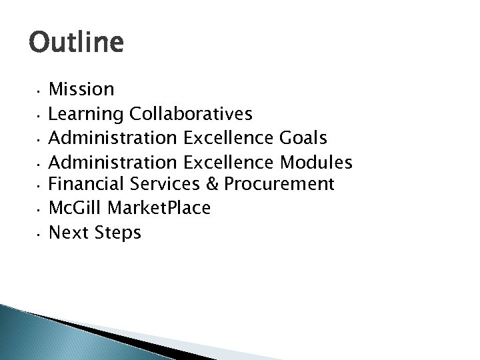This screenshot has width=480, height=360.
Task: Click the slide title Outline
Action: [76, 44]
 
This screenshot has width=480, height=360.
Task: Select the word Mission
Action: [82, 89]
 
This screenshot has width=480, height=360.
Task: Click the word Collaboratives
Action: [191, 114]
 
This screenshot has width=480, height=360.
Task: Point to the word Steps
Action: [118, 233]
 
